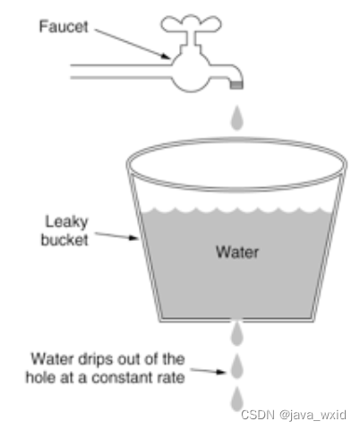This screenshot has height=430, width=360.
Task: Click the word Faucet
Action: [x=64, y=27]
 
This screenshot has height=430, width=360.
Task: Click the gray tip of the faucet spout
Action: [x=236, y=85]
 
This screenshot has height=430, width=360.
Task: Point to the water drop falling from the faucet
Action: [x=237, y=118]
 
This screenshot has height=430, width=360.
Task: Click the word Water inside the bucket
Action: [x=237, y=252]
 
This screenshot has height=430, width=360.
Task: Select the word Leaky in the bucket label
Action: [x=66, y=222]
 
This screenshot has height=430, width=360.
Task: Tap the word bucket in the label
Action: [x=64, y=240]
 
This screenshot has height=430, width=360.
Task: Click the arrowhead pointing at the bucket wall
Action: [x=133, y=238]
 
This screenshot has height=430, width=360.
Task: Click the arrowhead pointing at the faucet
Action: [x=166, y=56]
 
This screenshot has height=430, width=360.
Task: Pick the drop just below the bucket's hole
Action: [x=237, y=333]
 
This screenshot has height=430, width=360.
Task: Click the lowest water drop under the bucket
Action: [x=237, y=399]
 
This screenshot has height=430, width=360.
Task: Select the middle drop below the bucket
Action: [x=237, y=365]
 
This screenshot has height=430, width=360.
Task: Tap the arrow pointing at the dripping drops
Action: [x=208, y=371]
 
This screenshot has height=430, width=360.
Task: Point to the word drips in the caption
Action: [x=97, y=360]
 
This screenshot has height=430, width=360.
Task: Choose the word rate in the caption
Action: [x=173, y=378]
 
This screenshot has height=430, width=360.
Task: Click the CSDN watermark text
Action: [x=258, y=415]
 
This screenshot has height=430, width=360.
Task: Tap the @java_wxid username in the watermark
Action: [x=313, y=416]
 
